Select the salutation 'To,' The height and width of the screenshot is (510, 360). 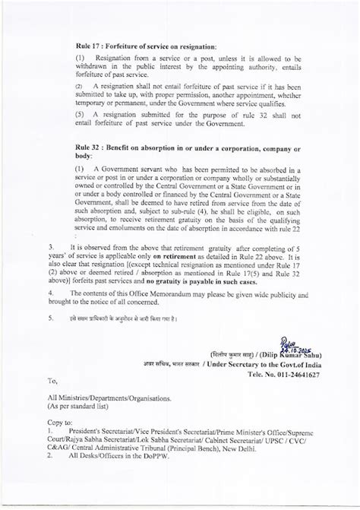point(52,381)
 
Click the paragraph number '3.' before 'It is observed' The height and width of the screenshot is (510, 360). point(51,249)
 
